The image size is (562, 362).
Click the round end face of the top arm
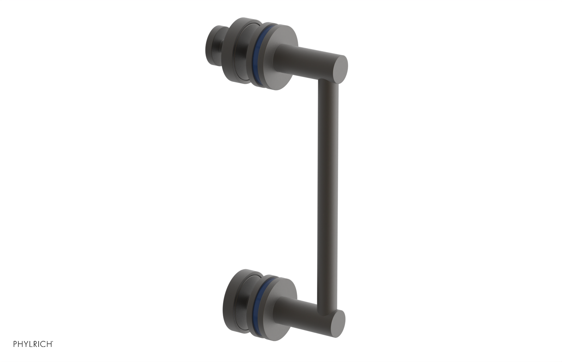[x=339, y=69]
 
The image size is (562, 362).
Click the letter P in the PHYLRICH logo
[x=15, y=344]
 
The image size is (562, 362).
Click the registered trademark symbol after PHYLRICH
[x=53, y=342]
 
